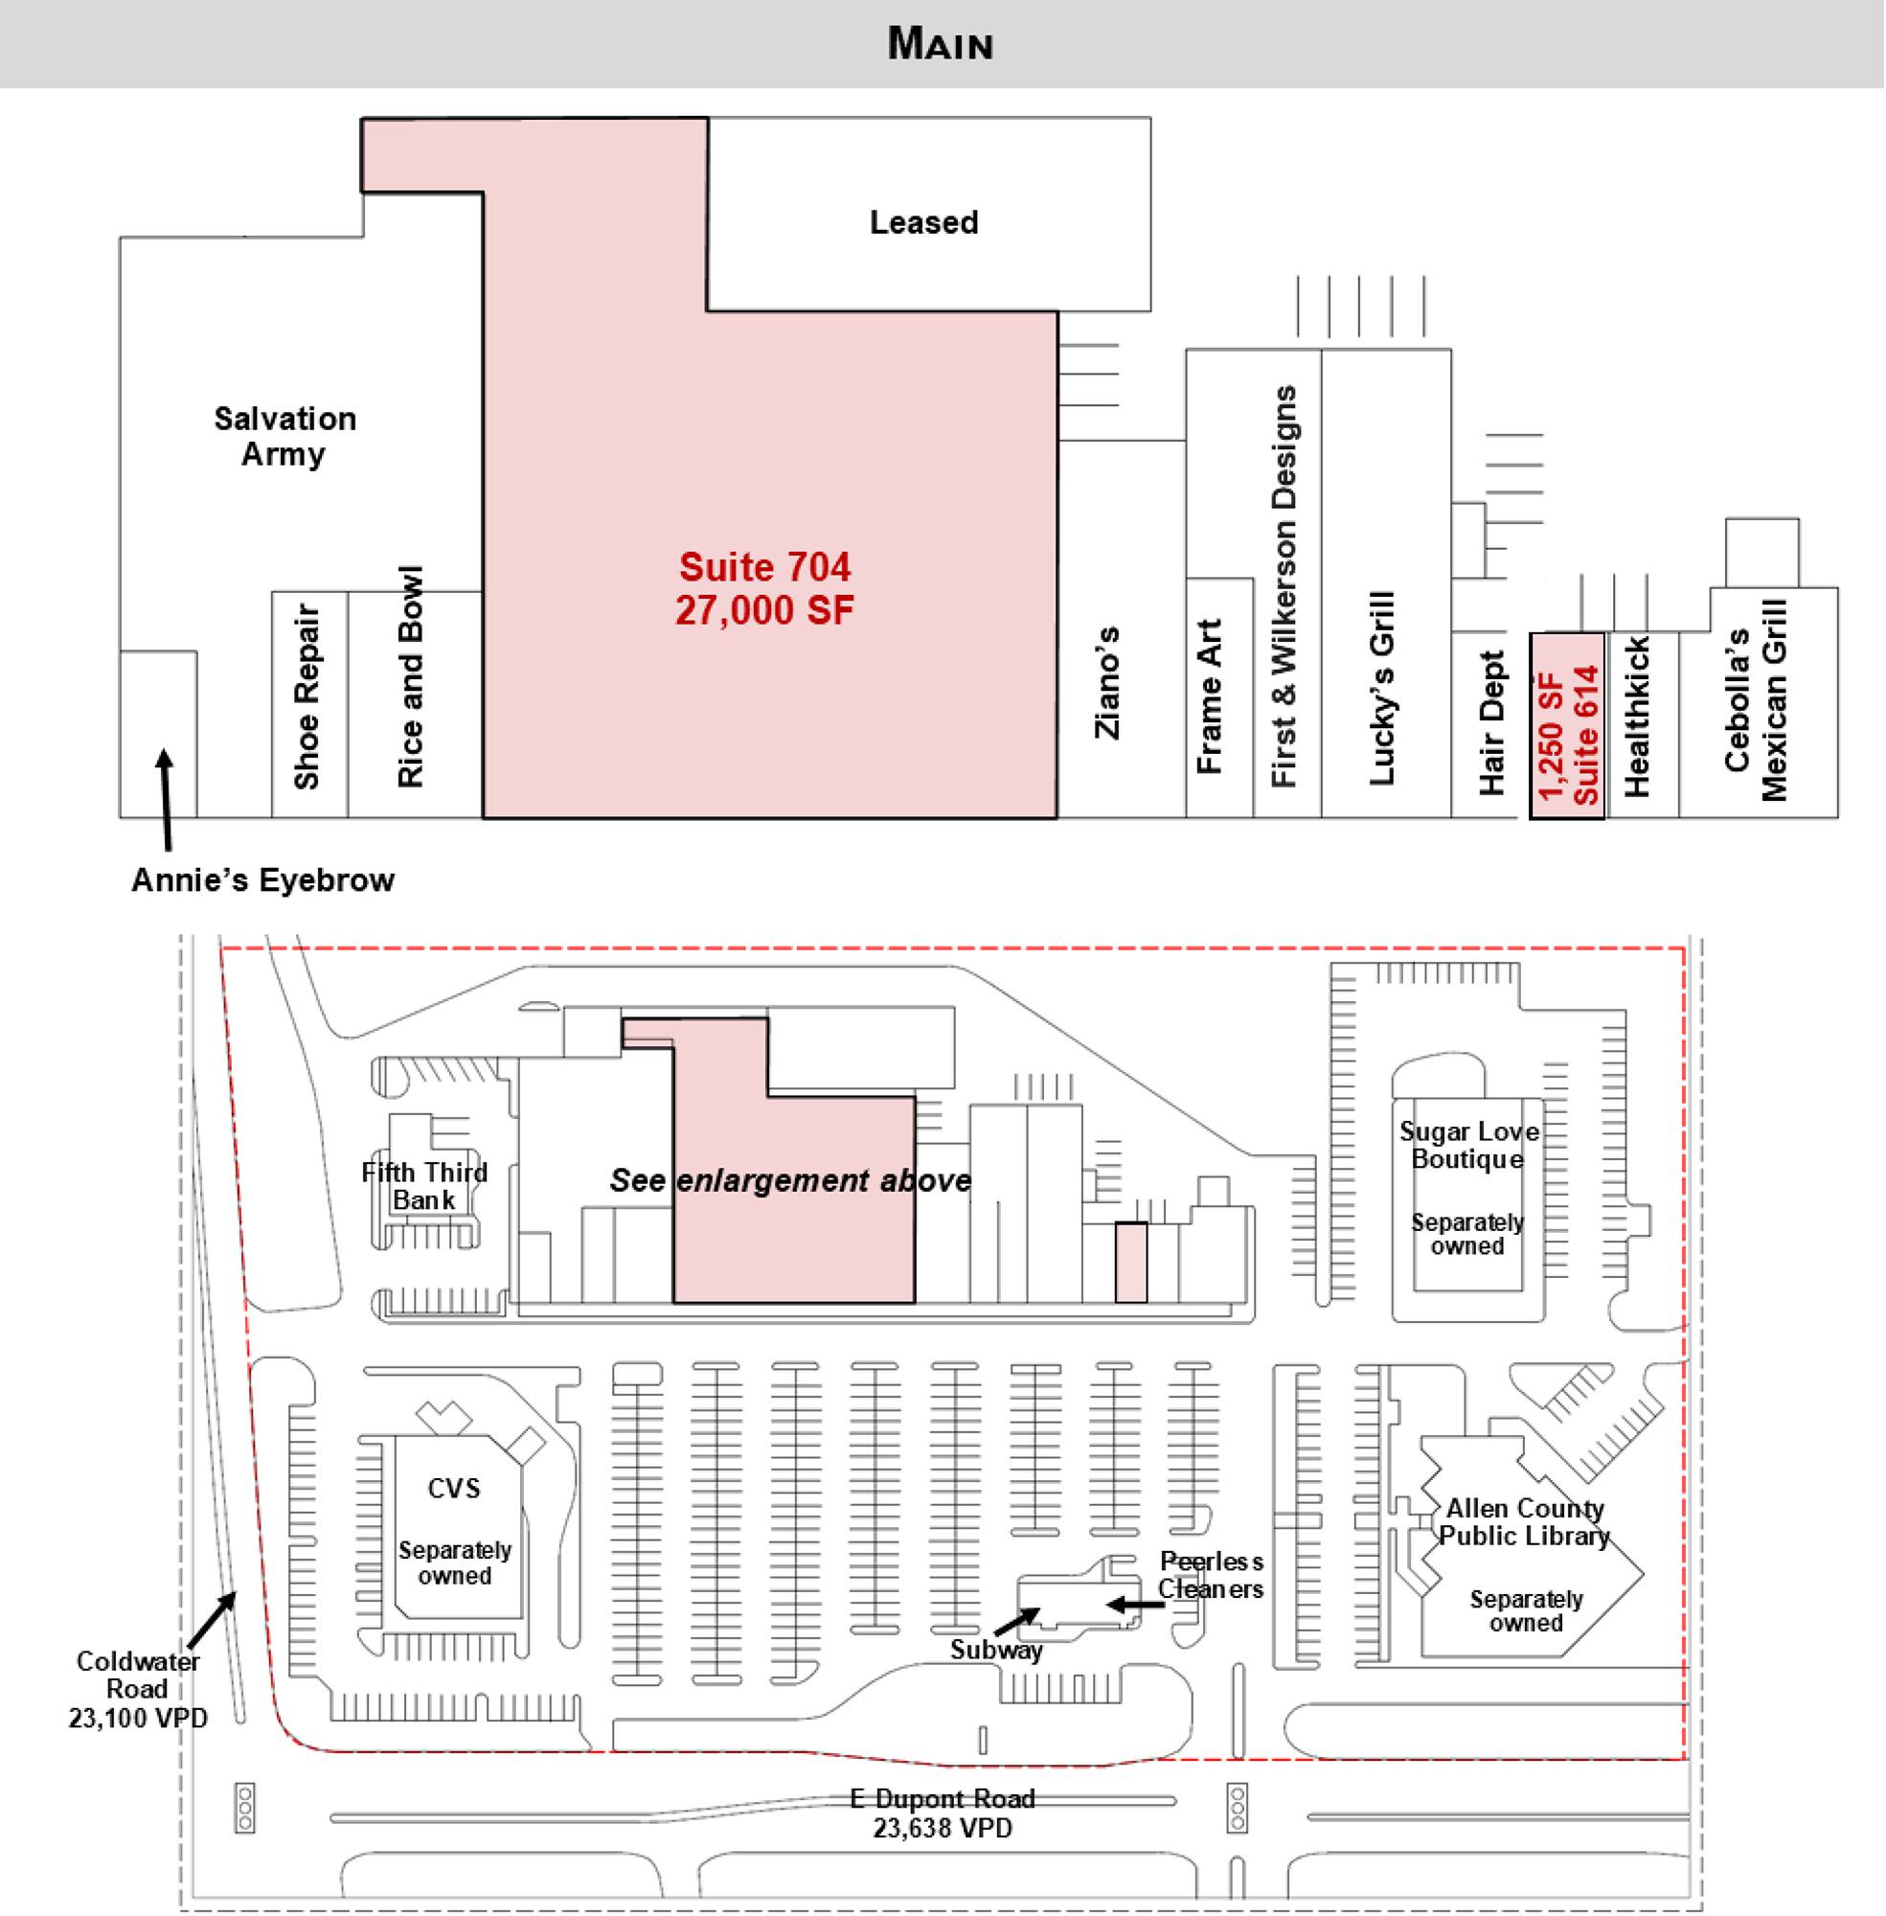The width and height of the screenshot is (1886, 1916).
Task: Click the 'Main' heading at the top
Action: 940,44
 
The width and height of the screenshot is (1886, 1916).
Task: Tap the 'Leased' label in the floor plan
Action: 923,222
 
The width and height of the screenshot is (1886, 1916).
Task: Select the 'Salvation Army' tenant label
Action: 284,436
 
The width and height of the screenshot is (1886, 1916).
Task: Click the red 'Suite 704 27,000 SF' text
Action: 763,588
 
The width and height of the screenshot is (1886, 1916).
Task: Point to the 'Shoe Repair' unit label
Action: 308,696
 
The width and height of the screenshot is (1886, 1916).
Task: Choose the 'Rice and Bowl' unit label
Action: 411,677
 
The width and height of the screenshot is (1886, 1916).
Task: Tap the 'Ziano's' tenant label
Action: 1107,683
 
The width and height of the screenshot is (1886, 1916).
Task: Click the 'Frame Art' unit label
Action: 1211,696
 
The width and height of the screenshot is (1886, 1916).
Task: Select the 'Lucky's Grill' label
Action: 1382,689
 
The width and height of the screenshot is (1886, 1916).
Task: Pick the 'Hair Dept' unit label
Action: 1491,722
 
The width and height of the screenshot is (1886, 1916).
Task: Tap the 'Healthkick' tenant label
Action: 1639,717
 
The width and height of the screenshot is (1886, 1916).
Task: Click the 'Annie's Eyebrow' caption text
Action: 263,879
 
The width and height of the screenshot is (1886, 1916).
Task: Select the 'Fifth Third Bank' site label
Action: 424,1186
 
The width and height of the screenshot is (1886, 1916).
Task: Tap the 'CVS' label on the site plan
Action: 454,1488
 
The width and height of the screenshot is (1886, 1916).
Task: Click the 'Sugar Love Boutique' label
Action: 1469,1145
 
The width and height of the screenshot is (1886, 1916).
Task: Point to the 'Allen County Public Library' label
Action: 1525,1521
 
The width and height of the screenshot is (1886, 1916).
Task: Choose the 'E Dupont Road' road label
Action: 942,1798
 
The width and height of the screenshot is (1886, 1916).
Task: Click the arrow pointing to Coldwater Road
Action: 211,1618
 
